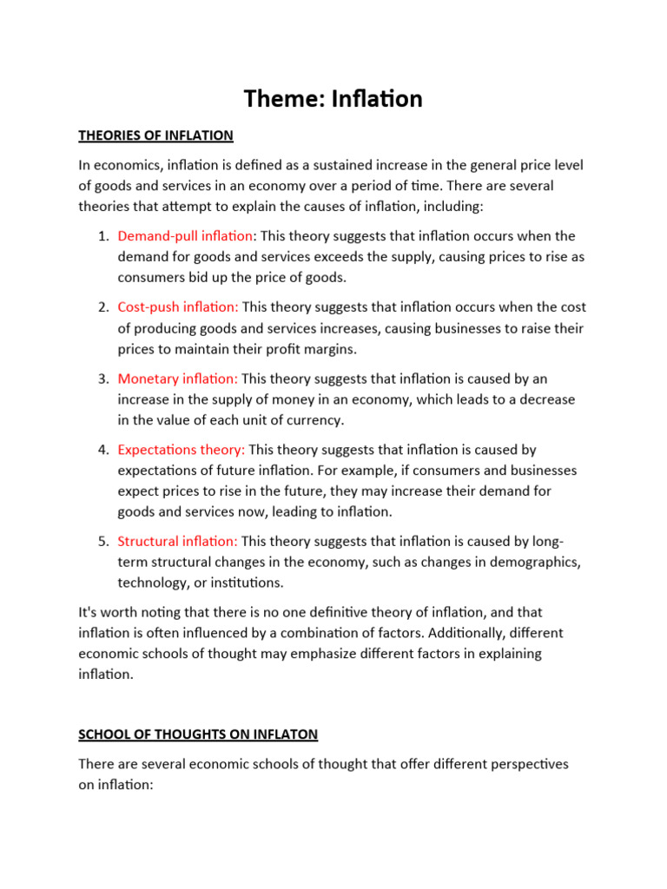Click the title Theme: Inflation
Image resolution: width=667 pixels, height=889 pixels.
[333, 99]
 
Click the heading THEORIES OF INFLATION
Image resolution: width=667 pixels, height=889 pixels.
[155, 135]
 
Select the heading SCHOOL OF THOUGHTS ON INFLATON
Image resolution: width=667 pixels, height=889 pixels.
[198, 734]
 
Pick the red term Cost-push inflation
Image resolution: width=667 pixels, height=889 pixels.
[177, 307]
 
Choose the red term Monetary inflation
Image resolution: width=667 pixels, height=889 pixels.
[177, 379]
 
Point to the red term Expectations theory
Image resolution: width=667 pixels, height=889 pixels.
[182, 450]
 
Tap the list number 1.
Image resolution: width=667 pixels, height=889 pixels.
[102, 236]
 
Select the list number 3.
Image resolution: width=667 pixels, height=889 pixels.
[102, 379]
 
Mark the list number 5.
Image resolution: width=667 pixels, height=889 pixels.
[102, 541]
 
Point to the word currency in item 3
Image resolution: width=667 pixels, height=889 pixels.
[314, 420]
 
